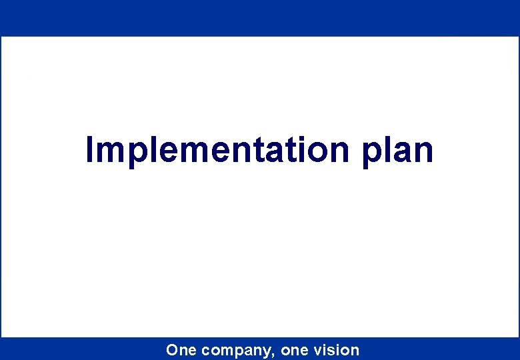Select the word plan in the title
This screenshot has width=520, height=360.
pyautogui.click(x=398, y=151)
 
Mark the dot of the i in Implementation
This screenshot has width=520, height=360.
pyautogui.click(x=301, y=138)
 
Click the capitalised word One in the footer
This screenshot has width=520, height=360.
pyautogui.click(x=181, y=350)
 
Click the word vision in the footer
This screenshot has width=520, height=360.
pyautogui.click(x=337, y=350)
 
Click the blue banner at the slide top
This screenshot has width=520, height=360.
pyautogui.click(x=260, y=17)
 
